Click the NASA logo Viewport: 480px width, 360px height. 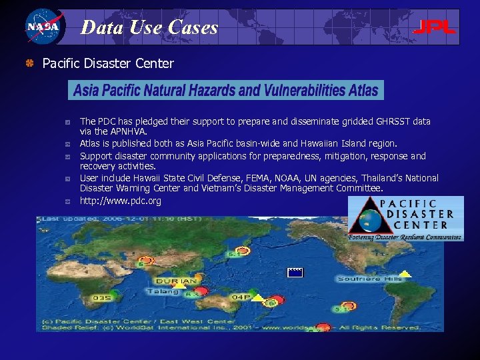43,27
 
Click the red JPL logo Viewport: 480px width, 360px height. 434,27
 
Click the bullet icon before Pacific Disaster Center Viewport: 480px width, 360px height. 29,64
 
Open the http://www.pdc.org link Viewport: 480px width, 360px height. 121,201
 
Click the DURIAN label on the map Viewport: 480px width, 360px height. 176,281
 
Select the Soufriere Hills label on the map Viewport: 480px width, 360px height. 369,279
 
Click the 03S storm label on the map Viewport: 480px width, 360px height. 102,297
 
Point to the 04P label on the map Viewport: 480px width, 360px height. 241,297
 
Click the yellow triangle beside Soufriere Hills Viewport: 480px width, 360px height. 405,273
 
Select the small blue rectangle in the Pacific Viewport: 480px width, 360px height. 295,272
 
